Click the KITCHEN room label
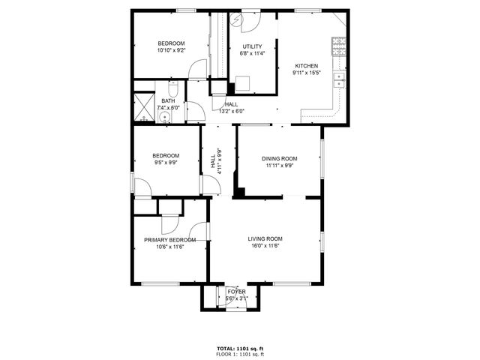[306, 65]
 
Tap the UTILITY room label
[251, 46]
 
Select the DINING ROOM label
[279, 158]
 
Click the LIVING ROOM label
[265, 238]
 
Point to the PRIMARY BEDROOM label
[169, 240]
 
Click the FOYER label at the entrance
[237, 291]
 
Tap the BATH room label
[168, 100]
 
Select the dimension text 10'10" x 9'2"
[171, 50]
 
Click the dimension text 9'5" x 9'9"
[166, 163]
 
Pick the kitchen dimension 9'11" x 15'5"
[306, 73]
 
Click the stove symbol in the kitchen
[340, 46]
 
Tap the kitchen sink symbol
[340, 77]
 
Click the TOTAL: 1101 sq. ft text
[240, 349]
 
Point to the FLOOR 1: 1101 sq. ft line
[240, 355]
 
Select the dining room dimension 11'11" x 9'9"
[279, 166]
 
